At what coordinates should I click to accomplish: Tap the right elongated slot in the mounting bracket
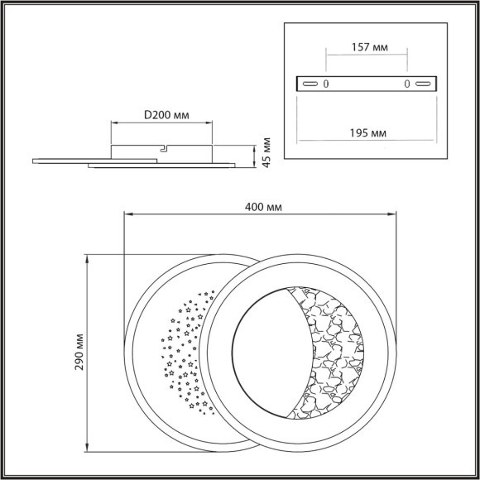[x=424, y=84]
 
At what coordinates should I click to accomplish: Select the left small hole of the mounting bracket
[x=326, y=84]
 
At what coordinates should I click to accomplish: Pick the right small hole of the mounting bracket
[x=406, y=84]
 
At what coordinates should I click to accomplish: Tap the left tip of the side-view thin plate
[x=34, y=159]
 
